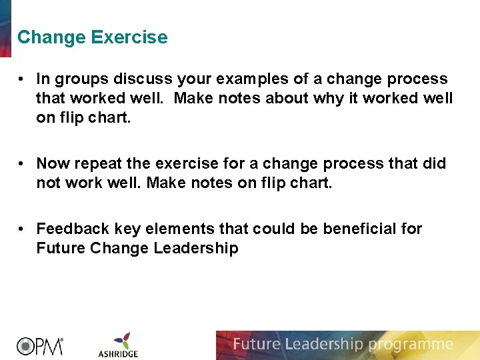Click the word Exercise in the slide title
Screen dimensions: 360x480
[129, 37]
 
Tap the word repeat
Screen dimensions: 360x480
[95, 164]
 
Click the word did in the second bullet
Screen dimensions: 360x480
[433, 164]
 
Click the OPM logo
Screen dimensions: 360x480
[40, 345]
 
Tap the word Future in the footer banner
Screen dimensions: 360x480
[257, 345]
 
